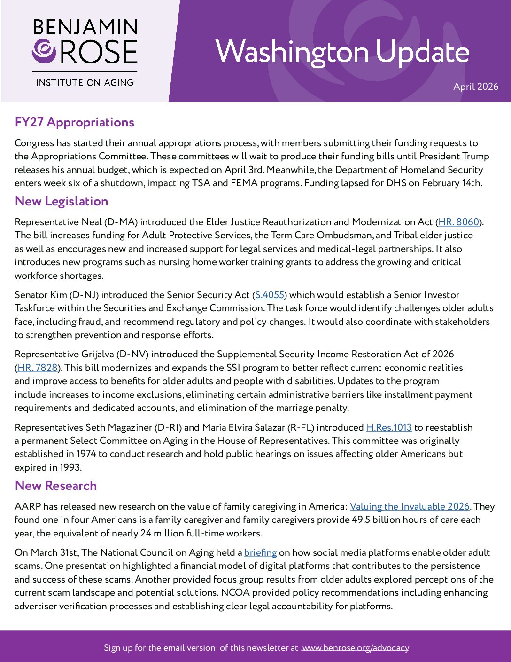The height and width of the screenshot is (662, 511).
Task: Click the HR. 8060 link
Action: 458,222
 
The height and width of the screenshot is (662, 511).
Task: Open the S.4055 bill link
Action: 270,295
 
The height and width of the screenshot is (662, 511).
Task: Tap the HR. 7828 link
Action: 38,368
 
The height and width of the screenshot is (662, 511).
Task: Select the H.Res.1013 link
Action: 389,427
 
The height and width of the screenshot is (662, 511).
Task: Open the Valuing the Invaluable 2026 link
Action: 410,506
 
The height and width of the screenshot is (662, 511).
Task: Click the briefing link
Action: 260,552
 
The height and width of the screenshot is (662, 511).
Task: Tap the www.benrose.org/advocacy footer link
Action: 355,647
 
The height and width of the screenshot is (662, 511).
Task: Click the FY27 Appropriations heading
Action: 75,122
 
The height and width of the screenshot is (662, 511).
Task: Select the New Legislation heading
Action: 62,201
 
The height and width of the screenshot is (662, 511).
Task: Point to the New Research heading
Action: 56,486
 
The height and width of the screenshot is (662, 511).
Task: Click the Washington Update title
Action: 342,52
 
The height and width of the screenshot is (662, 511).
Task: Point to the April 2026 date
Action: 475,87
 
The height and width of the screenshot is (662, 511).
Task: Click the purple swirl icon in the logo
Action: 44,51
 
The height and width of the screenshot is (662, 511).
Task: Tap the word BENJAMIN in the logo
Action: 85,27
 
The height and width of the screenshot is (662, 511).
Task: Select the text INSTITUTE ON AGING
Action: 85,82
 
